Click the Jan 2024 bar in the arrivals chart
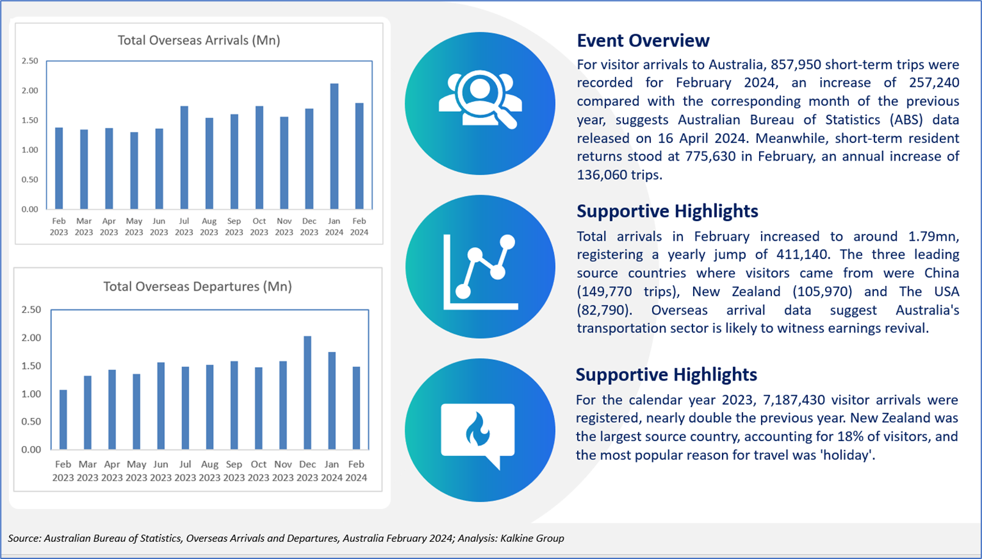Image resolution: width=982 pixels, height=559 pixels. [x=334, y=146]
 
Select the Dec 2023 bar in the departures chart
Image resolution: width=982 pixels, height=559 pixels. [x=307, y=393]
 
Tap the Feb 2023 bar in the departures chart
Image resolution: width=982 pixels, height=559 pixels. [x=63, y=420]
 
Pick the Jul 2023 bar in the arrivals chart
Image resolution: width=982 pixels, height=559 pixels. [x=184, y=158]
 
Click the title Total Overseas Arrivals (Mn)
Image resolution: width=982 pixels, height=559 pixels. [x=199, y=40]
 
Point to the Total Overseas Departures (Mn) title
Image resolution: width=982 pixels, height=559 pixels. [x=198, y=287]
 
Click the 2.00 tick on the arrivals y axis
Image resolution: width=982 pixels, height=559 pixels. [x=30, y=90]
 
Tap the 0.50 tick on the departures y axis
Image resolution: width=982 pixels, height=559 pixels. [x=31, y=422]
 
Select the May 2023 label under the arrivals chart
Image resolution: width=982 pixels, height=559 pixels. [x=134, y=227]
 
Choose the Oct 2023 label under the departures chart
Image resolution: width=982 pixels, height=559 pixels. [x=259, y=470]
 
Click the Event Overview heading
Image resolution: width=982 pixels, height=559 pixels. [x=643, y=40]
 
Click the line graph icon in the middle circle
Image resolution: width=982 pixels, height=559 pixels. [x=481, y=272]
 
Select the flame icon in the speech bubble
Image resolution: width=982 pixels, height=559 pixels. [x=478, y=429]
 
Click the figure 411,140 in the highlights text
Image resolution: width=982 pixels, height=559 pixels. [x=801, y=255]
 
